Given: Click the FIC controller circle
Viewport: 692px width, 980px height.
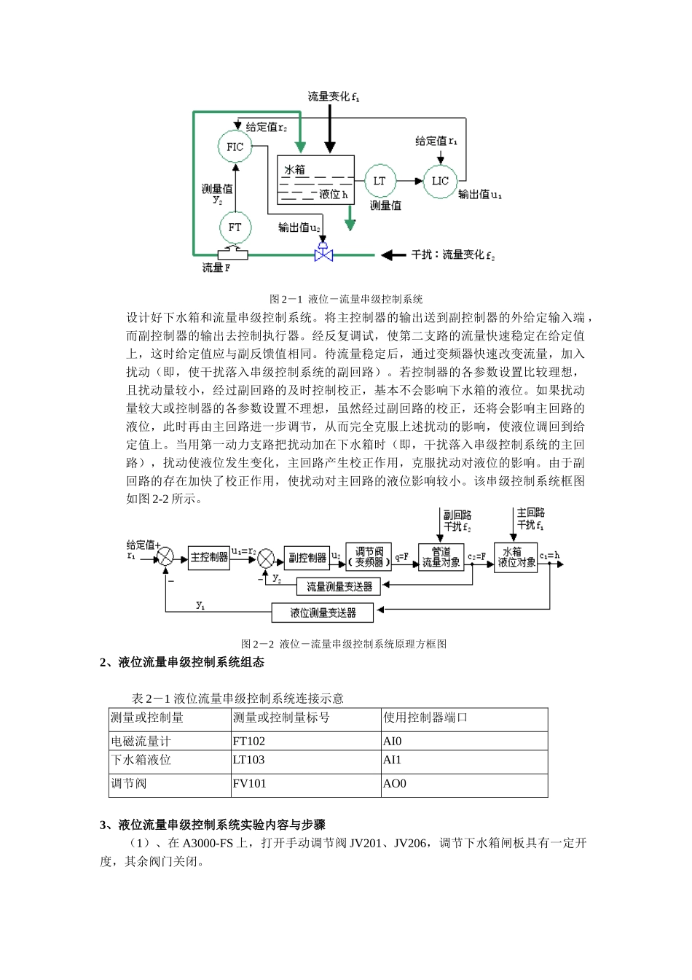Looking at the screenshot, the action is click(x=235, y=147).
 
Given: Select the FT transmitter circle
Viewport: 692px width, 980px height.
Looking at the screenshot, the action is click(x=235, y=227).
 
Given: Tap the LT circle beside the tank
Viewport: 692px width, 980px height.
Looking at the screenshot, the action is click(x=380, y=181).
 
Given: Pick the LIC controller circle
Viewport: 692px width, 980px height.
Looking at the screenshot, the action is click(x=440, y=181).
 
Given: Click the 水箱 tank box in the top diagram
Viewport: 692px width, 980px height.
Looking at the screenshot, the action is click(x=315, y=179).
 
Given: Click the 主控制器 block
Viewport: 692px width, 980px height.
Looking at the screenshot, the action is click(x=209, y=558).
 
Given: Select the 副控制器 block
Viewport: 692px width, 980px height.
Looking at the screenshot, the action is click(x=307, y=558).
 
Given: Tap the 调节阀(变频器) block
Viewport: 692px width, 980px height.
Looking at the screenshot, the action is click(x=369, y=558).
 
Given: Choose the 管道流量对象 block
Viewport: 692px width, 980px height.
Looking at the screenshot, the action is click(x=441, y=558).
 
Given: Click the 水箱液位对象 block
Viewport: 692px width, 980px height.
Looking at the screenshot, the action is click(x=516, y=558).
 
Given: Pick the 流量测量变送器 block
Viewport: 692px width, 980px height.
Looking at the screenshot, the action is click(x=339, y=586).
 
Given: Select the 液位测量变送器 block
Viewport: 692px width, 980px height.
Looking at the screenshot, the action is click(x=323, y=612).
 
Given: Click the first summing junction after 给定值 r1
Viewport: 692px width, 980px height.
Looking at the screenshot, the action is click(x=166, y=558).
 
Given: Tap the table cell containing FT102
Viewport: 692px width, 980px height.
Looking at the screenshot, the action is click(x=305, y=741).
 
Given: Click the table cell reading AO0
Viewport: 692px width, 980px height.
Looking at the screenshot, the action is click(x=463, y=784).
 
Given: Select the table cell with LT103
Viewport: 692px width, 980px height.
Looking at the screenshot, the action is click(x=305, y=760).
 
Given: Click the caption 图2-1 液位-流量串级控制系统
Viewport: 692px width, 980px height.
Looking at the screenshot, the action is click(x=346, y=299).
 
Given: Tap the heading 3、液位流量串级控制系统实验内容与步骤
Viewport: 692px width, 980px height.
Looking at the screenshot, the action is click(x=213, y=825).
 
